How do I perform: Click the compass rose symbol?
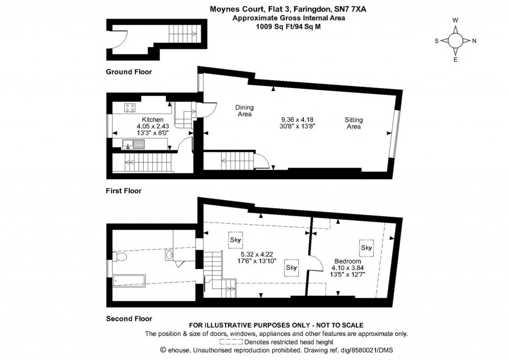pyautogui.click(x=455, y=41)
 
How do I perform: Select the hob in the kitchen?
pyautogui.click(x=131, y=107)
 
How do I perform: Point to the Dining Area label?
pyautogui.click(x=244, y=111)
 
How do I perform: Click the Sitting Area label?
pyautogui.click(x=353, y=123)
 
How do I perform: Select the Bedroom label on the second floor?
pyautogui.click(x=347, y=262)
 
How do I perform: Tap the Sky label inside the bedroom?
pyautogui.click(x=366, y=248)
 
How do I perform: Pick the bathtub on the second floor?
pyautogui.click(x=129, y=281)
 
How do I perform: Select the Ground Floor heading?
pyautogui.click(x=129, y=72)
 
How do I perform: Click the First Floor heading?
pyautogui.click(x=123, y=191)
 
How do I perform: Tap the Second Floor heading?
pyautogui.click(x=129, y=319)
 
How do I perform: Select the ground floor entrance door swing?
pyautogui.click(x=120, y=39)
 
